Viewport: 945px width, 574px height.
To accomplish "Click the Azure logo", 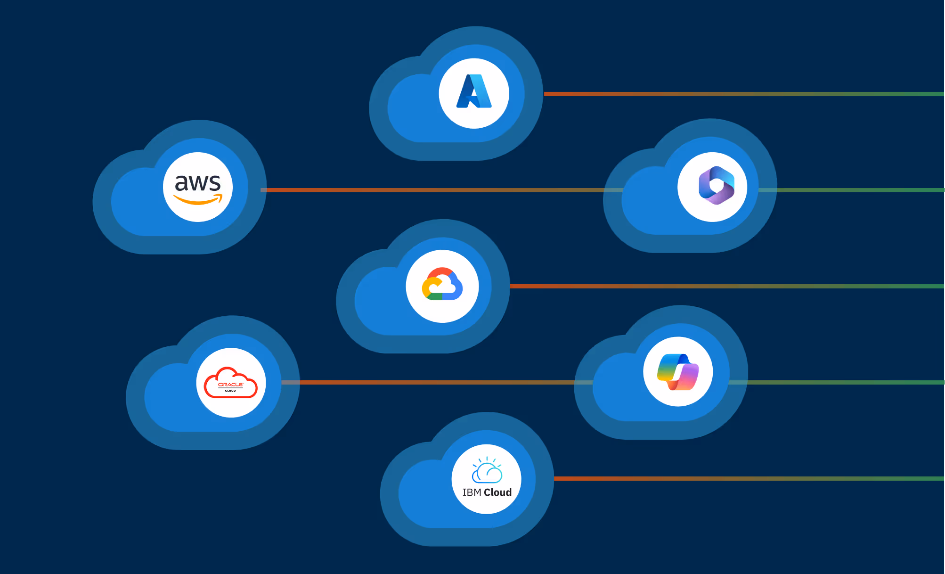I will click(x=474, y=91).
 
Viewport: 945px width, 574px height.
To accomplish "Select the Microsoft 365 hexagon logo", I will click(x=716, y=185).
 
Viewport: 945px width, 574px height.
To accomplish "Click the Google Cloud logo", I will click(x=442, y=284).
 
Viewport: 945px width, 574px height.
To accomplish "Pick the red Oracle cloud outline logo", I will click(x=230, y=382).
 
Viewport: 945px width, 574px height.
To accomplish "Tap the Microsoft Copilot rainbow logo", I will click(x=678, y=372).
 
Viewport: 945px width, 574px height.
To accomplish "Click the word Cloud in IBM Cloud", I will click(x=497, y=492).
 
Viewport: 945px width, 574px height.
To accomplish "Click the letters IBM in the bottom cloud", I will click(x=472, y=492).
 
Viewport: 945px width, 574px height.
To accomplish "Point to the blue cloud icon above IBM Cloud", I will click(x=487, y=471).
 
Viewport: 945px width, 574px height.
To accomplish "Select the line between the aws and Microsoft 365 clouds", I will click(x=433, y=190).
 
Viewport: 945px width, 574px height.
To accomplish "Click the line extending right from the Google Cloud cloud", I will click(x=725, y=286).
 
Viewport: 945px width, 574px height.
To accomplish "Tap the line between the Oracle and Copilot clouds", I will click(x=433, y=382).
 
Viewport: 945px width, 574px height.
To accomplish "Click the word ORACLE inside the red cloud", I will click(x=230, y=385).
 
